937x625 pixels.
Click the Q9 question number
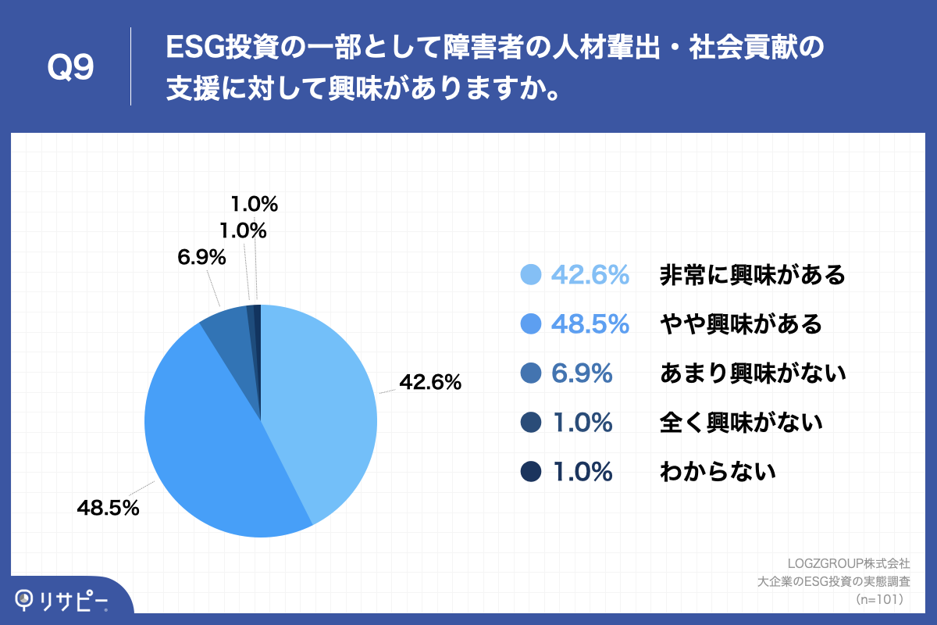pos(70,68)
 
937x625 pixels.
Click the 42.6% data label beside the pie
pos(430,383)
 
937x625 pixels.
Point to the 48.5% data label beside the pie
pos(108,508)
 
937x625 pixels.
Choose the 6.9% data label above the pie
pos(201,256)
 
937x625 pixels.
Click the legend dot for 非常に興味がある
pos(531,275)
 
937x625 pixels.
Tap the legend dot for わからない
pos(531,472)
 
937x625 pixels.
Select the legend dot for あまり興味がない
pos(531,373)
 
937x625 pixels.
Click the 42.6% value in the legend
pos(590,275)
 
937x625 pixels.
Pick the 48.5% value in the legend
pos(590,324)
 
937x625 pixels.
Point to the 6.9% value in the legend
pos(582,373)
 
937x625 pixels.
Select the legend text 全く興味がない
pos(741,423)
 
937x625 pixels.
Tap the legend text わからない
pos(718,472)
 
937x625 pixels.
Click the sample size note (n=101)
pos(880,599)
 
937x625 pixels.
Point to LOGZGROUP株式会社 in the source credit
pos(849,562)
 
